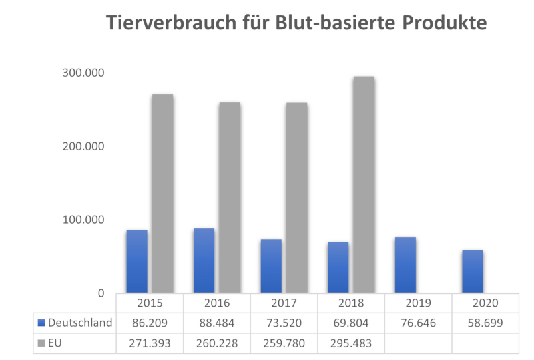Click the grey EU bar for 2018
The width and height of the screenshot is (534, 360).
[364, 184]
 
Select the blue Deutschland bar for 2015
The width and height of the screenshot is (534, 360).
[137, 261]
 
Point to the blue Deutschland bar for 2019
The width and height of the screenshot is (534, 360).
[405, 264]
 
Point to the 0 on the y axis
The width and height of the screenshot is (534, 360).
[101, 293]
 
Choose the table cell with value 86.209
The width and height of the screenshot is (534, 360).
[150, 323]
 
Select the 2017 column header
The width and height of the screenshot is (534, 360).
[284, 303]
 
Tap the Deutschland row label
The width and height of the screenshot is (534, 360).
[78, 323]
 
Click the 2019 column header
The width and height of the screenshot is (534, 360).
[418, 303]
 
